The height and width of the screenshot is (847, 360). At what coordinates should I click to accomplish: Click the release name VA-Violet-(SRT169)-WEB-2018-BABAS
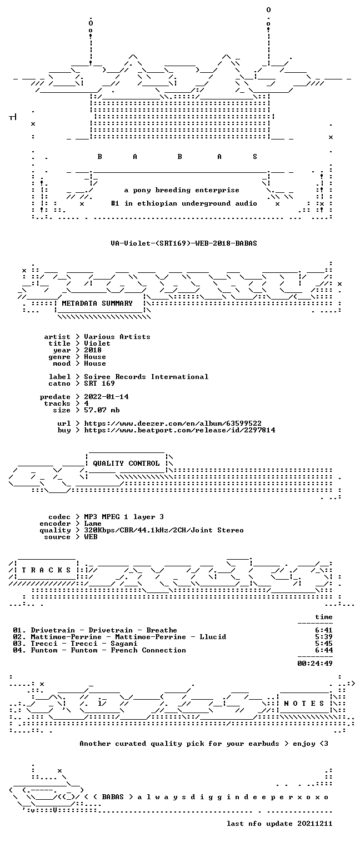(x=184, y=243)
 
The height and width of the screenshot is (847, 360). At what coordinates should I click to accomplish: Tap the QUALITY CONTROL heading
(x=126, y=464)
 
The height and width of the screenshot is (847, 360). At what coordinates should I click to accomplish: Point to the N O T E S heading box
(x=304, y=703)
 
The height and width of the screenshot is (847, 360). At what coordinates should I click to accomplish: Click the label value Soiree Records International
(x=146, y=377)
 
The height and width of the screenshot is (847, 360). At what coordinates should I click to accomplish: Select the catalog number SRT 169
(x=99, y=383)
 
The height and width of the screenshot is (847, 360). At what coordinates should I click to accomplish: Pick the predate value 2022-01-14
(x=106, y=397)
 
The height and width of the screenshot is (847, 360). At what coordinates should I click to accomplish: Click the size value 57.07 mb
(x=102, y=410)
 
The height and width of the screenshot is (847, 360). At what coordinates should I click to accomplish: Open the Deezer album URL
(x=173, y=423)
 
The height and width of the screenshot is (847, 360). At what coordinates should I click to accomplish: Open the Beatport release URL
(x=179, y=430)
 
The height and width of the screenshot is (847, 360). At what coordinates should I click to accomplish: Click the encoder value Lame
(x=93, y=524)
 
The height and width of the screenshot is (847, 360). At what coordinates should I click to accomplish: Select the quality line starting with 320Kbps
(x=164, y=530)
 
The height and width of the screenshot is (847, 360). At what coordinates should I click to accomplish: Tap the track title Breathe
(x=162, y=630)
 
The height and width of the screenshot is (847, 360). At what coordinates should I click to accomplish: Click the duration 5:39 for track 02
(x=324, y=637)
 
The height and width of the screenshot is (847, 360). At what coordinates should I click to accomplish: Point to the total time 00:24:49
(x=315, y=664)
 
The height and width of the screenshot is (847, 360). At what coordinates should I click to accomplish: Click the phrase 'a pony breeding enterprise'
(x=182, y=190)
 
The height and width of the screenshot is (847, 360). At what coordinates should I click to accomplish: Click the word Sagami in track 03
(x=124, y=644)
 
